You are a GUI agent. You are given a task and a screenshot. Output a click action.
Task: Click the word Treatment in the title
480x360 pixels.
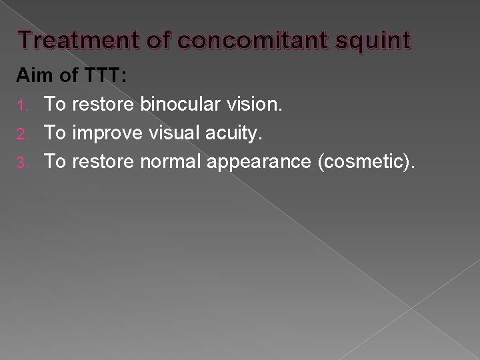79,41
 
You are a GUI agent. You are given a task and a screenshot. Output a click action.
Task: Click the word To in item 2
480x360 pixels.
55,133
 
